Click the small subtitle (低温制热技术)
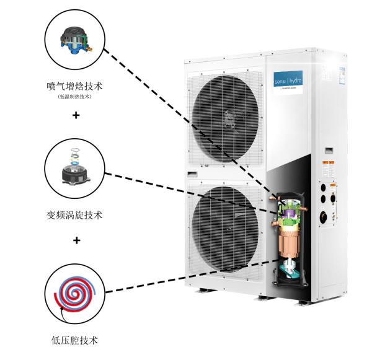74,97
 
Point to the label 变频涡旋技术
74,215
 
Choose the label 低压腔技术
74,340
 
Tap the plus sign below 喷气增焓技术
76,116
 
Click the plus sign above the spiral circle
76,240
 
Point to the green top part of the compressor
289,214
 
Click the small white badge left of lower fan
193,172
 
